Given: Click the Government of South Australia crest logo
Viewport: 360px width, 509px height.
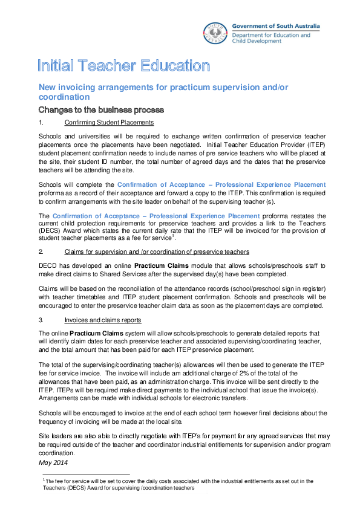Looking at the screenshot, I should tap(216, 33).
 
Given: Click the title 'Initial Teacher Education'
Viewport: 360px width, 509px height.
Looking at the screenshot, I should tap(124, 66).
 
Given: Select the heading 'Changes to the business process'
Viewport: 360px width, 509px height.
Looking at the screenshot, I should tap(101, 110).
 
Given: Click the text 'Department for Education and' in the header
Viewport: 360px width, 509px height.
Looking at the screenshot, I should tap(272, 35).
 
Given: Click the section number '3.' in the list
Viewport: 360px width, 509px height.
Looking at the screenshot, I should tap(41, 320).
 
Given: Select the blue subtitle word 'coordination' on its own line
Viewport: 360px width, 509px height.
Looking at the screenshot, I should tap(64, 97).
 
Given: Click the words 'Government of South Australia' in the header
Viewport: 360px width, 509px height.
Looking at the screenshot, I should tap(277, 26).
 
